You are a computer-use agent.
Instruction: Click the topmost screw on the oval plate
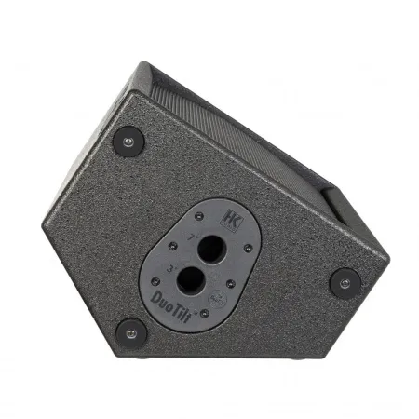(x=200, y=216)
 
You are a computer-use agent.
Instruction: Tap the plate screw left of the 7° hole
(x=172, y=247)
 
